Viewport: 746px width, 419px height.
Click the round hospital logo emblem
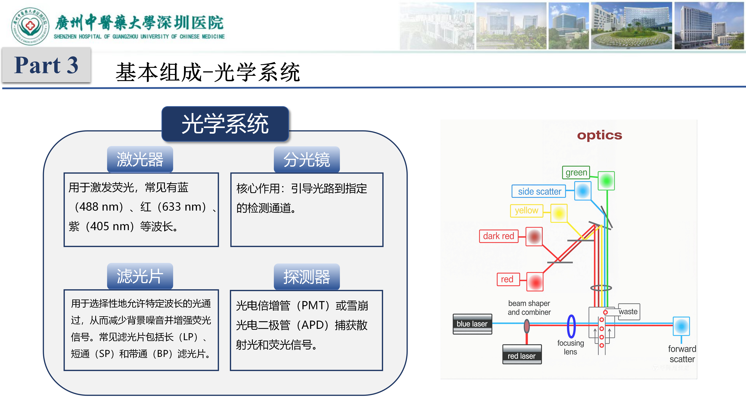(x=30, y=26)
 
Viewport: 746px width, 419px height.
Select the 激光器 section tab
(x=140, y=159)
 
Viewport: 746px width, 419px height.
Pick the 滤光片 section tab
(x=140, y=276)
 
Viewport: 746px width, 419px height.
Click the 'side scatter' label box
(x=539, y=191)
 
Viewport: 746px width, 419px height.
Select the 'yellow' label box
(x=526, y=211)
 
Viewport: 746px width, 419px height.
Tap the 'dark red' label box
(x=498, y=236)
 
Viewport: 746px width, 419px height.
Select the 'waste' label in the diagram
(x=628, y=312)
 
